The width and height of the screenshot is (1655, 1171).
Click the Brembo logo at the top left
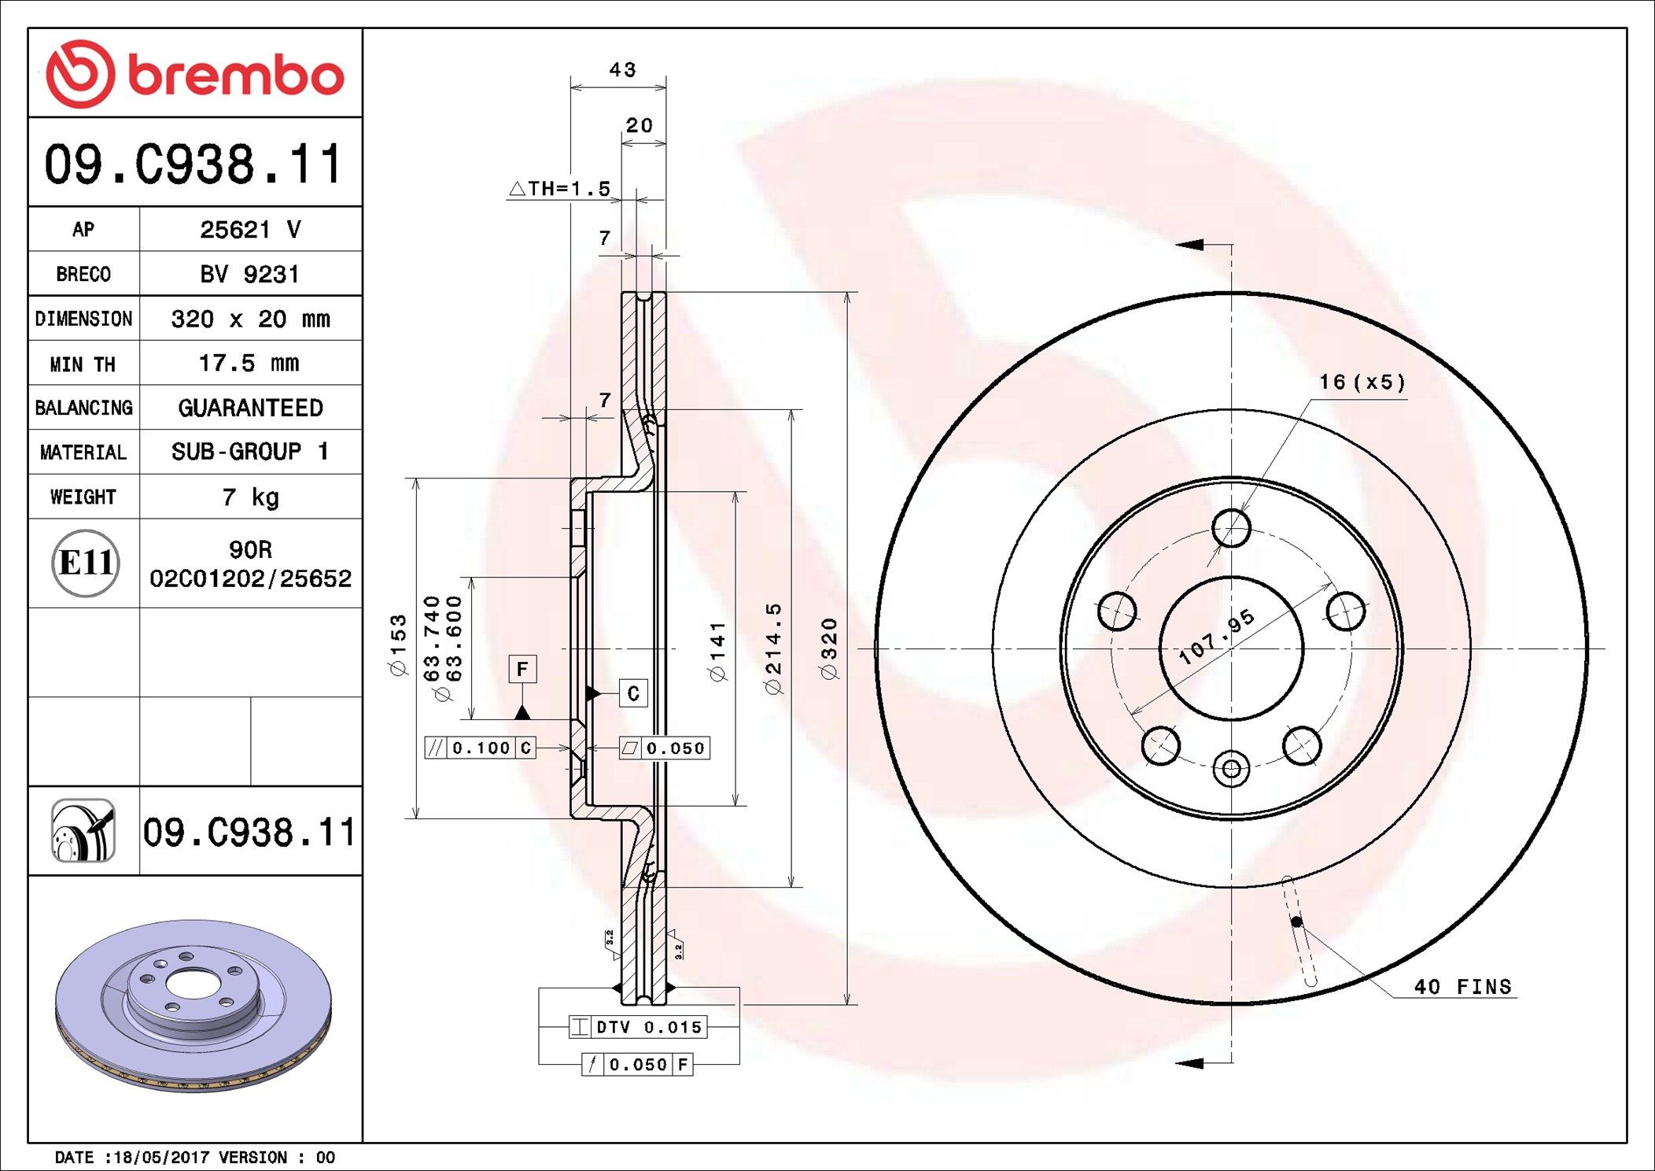click(194, 74)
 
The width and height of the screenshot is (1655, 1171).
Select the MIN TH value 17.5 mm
click(249, 363)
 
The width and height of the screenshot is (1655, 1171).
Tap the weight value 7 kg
click(250, 497)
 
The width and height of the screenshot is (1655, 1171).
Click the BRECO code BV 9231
click(249, 274)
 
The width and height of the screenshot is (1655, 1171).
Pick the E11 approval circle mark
click(85, 563)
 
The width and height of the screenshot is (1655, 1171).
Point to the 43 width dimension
click(622, 70)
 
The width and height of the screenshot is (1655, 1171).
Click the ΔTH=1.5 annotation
click(560, 189)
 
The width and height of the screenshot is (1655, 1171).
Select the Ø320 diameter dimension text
click(829, 648)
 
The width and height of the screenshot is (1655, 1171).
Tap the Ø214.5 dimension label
click(774, 648)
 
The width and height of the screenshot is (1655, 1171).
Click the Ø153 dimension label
click(399, 645)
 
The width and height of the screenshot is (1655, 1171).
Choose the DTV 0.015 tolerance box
click(638, 1027)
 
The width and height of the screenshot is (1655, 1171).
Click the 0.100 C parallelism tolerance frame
click(480, 748)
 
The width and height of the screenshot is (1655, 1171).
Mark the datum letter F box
click(522, 669)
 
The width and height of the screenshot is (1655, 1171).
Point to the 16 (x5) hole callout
click(1362, 382)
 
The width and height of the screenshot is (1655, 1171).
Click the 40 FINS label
click(1462, 987)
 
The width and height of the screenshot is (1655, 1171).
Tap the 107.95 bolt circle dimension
click(1215, 636)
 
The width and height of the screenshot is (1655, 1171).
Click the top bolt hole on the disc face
click(1231, 527)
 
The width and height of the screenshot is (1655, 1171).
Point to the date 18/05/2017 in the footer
click(161, 1157)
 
